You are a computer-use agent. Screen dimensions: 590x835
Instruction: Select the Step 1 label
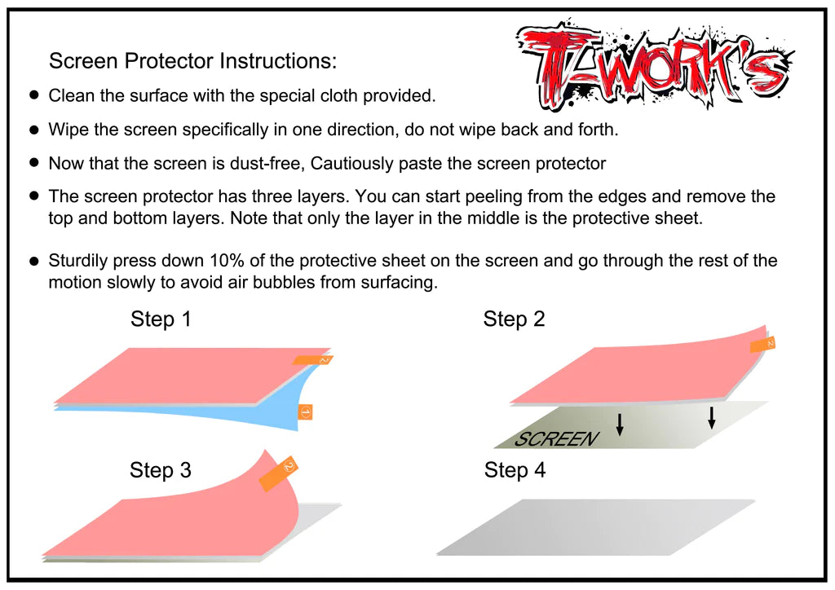161,319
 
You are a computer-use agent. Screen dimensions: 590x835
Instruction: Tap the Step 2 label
514,319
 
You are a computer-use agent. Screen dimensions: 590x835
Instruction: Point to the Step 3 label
161,470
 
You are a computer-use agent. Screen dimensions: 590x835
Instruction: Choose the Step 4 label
515,470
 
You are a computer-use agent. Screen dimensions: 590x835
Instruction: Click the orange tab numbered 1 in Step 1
306,412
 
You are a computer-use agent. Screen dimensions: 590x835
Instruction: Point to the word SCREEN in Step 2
556,439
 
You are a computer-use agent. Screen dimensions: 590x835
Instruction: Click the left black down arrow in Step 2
620,424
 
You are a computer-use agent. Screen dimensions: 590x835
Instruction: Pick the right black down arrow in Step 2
712,417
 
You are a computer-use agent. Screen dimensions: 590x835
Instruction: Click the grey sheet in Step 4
595,527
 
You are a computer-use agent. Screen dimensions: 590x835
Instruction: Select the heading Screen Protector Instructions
192,61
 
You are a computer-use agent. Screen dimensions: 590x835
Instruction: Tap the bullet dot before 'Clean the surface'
34,95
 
